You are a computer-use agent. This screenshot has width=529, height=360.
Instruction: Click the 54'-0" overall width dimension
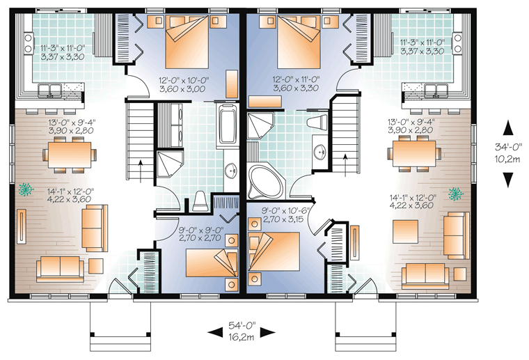click(x=242, y=326)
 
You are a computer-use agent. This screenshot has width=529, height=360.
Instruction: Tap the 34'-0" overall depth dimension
click(x=508, y=147)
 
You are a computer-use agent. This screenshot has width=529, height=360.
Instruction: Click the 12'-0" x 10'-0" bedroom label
click(x=184, y=80)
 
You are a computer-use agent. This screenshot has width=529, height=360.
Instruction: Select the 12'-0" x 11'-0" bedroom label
click(x=296, y=79)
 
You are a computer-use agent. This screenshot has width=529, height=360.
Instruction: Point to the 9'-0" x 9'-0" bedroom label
click(x=200, y=230)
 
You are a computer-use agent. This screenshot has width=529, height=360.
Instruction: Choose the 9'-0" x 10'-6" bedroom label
click(x=286, y=211)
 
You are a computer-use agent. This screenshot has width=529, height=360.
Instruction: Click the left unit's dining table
click(x=70, y=155)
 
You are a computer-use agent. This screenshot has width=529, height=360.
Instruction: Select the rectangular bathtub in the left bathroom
click(x=228, y=125)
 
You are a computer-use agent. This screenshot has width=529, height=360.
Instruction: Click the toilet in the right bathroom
click(x=317, y=122)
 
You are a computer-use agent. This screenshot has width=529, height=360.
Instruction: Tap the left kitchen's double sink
click(x=49, y=91)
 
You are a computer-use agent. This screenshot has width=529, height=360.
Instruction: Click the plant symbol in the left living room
click(x=26, y=189)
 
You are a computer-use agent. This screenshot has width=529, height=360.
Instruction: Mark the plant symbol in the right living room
click(x=456, y=194)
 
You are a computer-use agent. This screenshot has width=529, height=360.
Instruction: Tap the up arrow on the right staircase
click(x=345, y=165)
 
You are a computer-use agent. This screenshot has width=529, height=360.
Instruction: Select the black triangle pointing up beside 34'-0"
click(x=508, y=130)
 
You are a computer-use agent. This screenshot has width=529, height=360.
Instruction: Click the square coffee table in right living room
click(x=406, y=231)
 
